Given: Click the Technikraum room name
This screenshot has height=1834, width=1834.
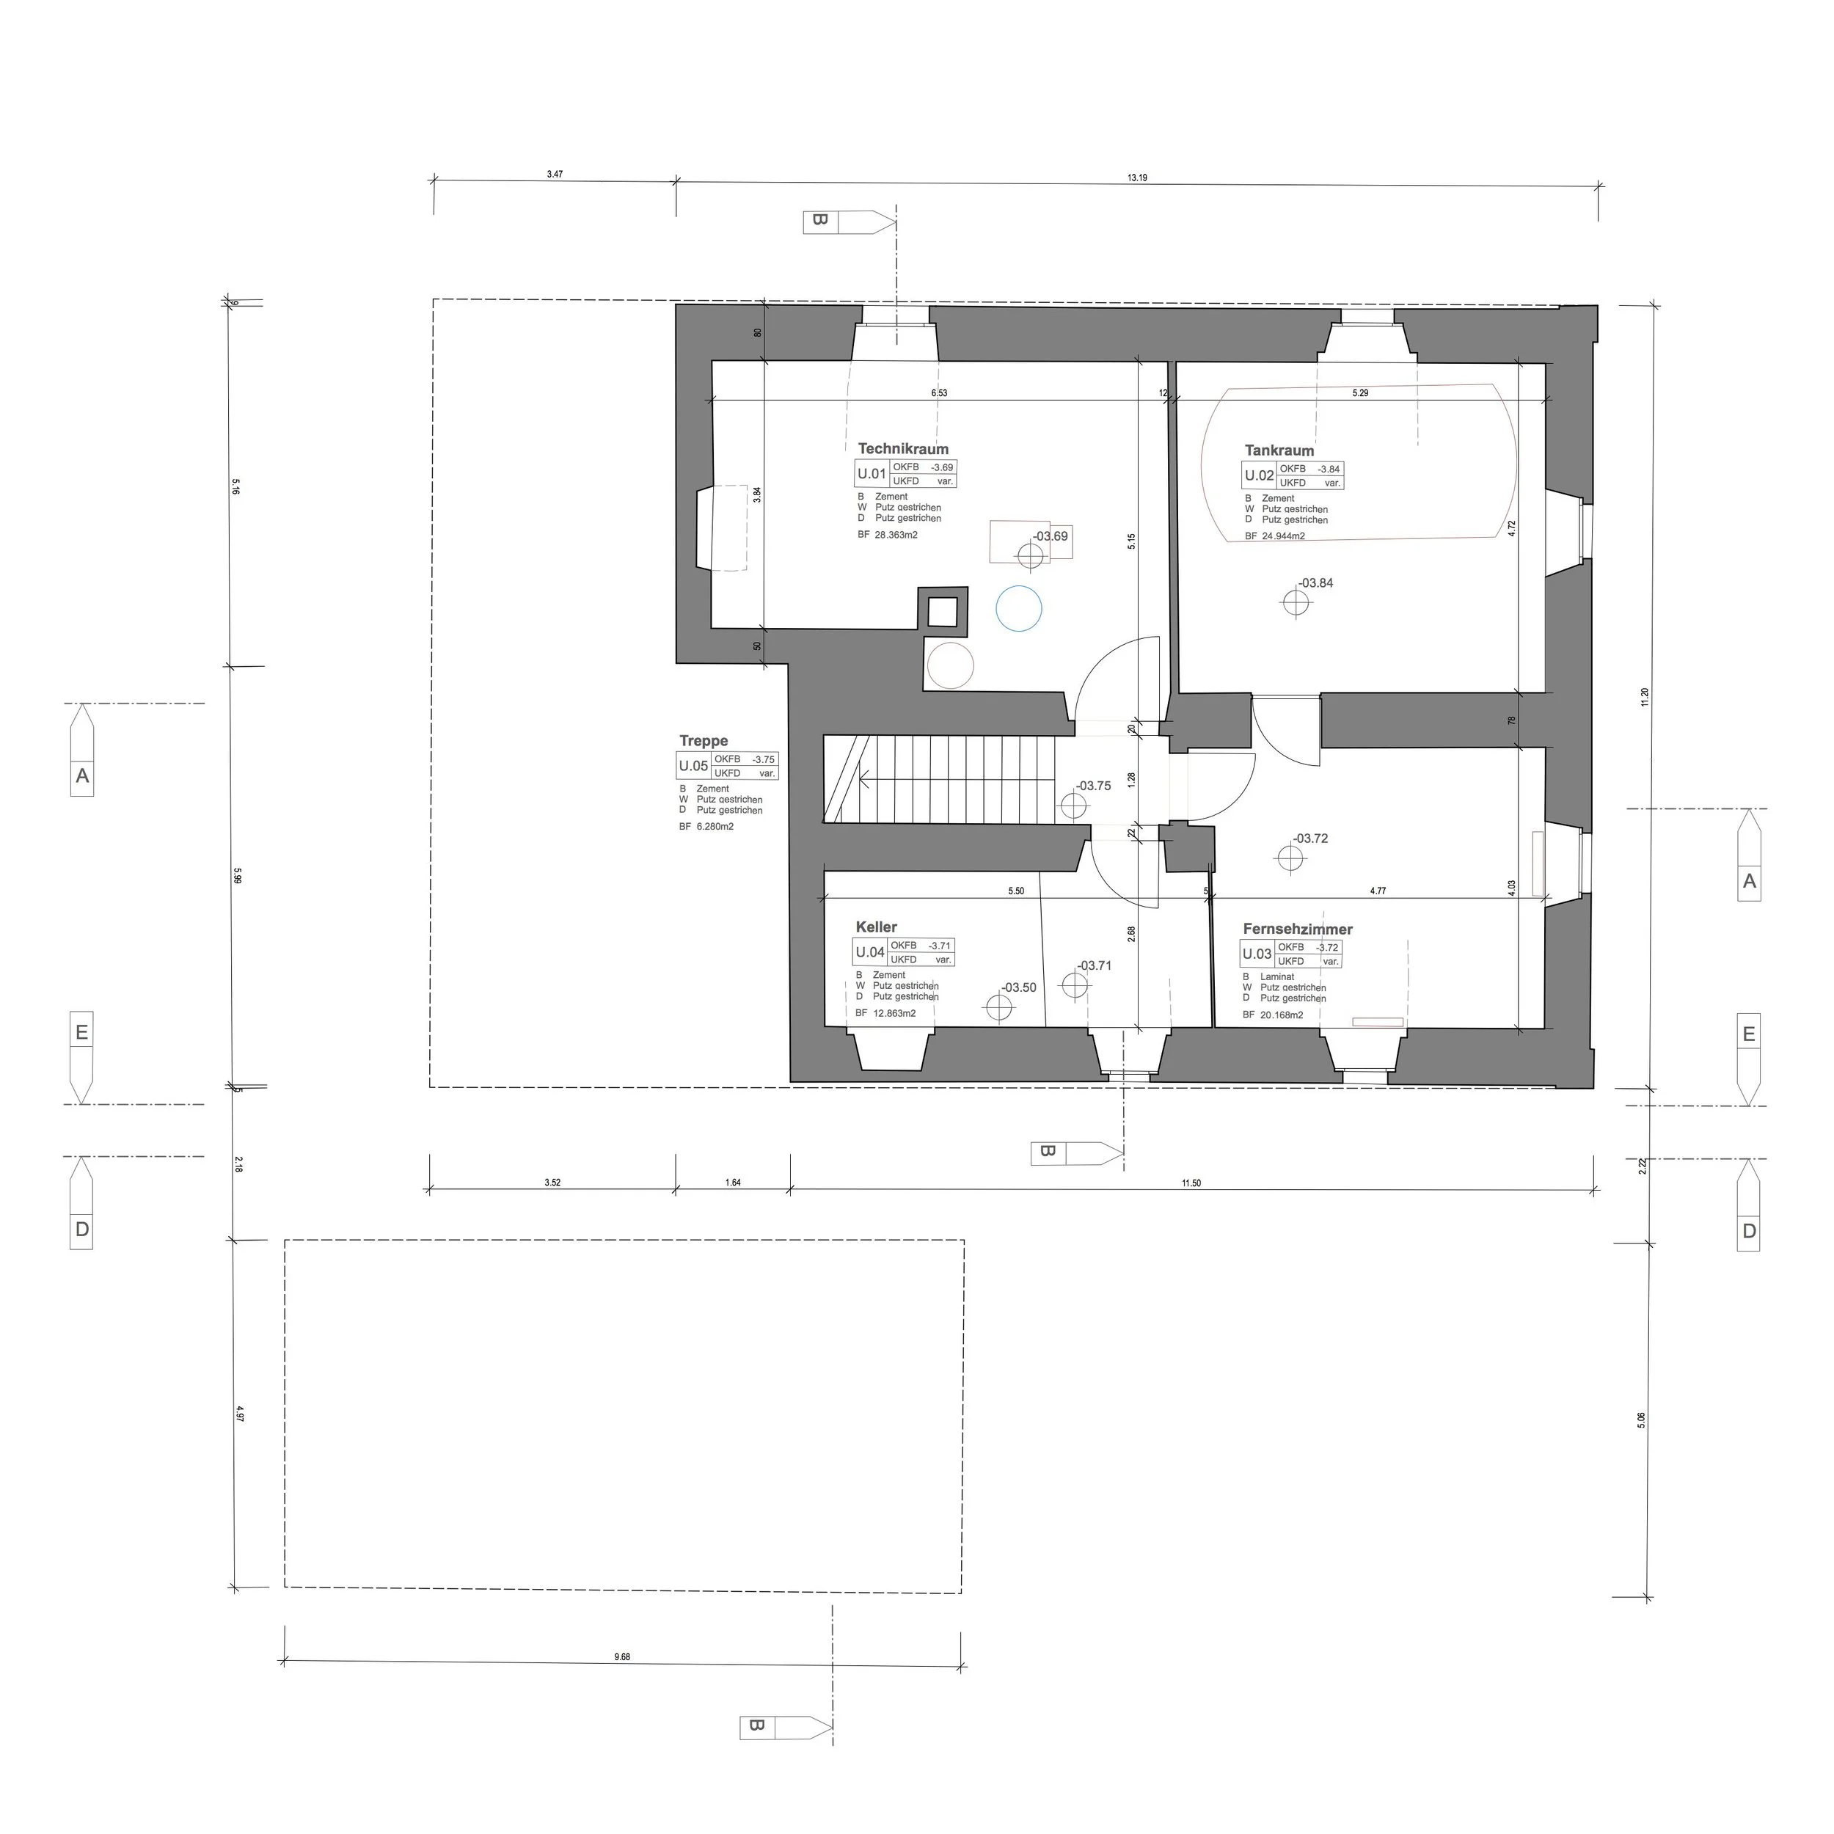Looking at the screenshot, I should pos(903,449).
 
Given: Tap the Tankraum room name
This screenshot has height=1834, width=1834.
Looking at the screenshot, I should pos(1279,451).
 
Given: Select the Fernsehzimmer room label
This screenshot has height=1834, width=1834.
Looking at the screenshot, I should pos(1298,929).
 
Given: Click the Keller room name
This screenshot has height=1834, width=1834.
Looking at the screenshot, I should pos(876,927).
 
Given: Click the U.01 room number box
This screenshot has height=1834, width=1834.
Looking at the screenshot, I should pos(872,474).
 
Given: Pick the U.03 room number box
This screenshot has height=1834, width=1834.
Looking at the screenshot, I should pos(1257,954).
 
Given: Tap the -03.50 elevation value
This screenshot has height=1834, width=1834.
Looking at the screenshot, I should pos(1020,987).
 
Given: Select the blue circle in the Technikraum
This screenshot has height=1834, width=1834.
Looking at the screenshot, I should pos(1018,608).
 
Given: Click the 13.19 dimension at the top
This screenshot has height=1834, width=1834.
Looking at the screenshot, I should pos(1137,178).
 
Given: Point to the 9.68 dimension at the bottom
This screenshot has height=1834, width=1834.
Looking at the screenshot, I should pos(622,1657).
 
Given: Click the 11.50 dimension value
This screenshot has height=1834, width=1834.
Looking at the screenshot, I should pos(1191,1183).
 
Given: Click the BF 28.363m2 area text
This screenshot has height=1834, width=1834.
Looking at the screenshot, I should pos(888,536).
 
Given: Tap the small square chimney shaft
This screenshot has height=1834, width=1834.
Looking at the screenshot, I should pos(942,611).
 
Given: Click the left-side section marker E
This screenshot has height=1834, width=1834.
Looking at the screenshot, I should pos(81,1032).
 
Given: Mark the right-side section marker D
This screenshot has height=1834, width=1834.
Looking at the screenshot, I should pos(1749,1231).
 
